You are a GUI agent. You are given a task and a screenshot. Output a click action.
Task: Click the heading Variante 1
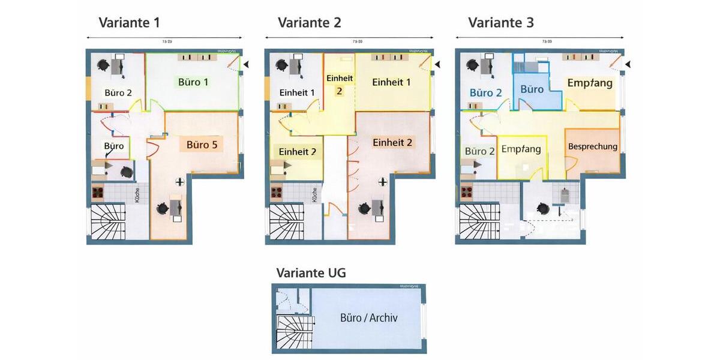129,23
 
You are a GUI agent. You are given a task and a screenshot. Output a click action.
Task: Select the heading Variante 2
309,23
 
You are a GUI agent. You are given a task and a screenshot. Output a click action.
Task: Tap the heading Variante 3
501,23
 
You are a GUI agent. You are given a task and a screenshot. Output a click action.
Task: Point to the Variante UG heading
311,273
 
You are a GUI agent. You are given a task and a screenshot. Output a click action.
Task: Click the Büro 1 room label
193,82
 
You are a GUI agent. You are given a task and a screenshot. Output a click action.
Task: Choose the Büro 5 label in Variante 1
202,144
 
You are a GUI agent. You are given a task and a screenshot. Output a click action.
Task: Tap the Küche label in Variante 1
137,195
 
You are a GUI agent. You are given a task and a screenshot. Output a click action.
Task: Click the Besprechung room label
592,146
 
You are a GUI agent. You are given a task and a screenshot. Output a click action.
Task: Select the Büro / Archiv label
368,318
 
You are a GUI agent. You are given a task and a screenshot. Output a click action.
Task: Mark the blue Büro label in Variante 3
532,89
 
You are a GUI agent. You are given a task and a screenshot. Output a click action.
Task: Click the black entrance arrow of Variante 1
246,64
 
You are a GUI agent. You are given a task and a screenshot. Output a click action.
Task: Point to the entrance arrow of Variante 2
437,64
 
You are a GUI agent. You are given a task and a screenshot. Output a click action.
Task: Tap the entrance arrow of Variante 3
628,64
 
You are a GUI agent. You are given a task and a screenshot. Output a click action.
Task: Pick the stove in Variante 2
277,193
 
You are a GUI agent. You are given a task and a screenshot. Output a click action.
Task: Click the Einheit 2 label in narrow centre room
339,84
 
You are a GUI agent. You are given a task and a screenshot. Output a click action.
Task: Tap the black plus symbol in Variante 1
179,181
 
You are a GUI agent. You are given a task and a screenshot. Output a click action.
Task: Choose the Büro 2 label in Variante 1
118,93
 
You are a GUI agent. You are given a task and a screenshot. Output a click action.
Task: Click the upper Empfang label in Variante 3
590,83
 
